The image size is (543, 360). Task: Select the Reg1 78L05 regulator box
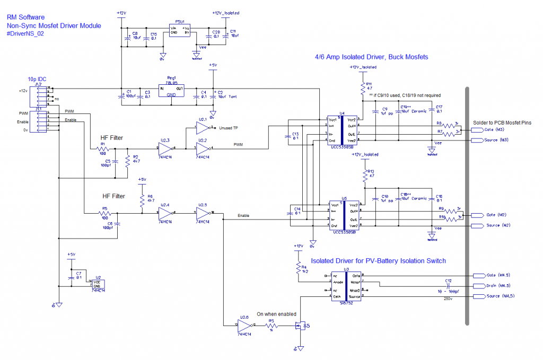(172, 91)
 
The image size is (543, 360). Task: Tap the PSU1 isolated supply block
(179, 30)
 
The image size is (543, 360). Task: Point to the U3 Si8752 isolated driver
(346, 286)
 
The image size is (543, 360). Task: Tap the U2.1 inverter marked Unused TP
(203, 128)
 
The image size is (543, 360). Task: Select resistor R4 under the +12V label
(299, 267)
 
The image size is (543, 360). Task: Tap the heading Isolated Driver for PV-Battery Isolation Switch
(378, 261)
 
